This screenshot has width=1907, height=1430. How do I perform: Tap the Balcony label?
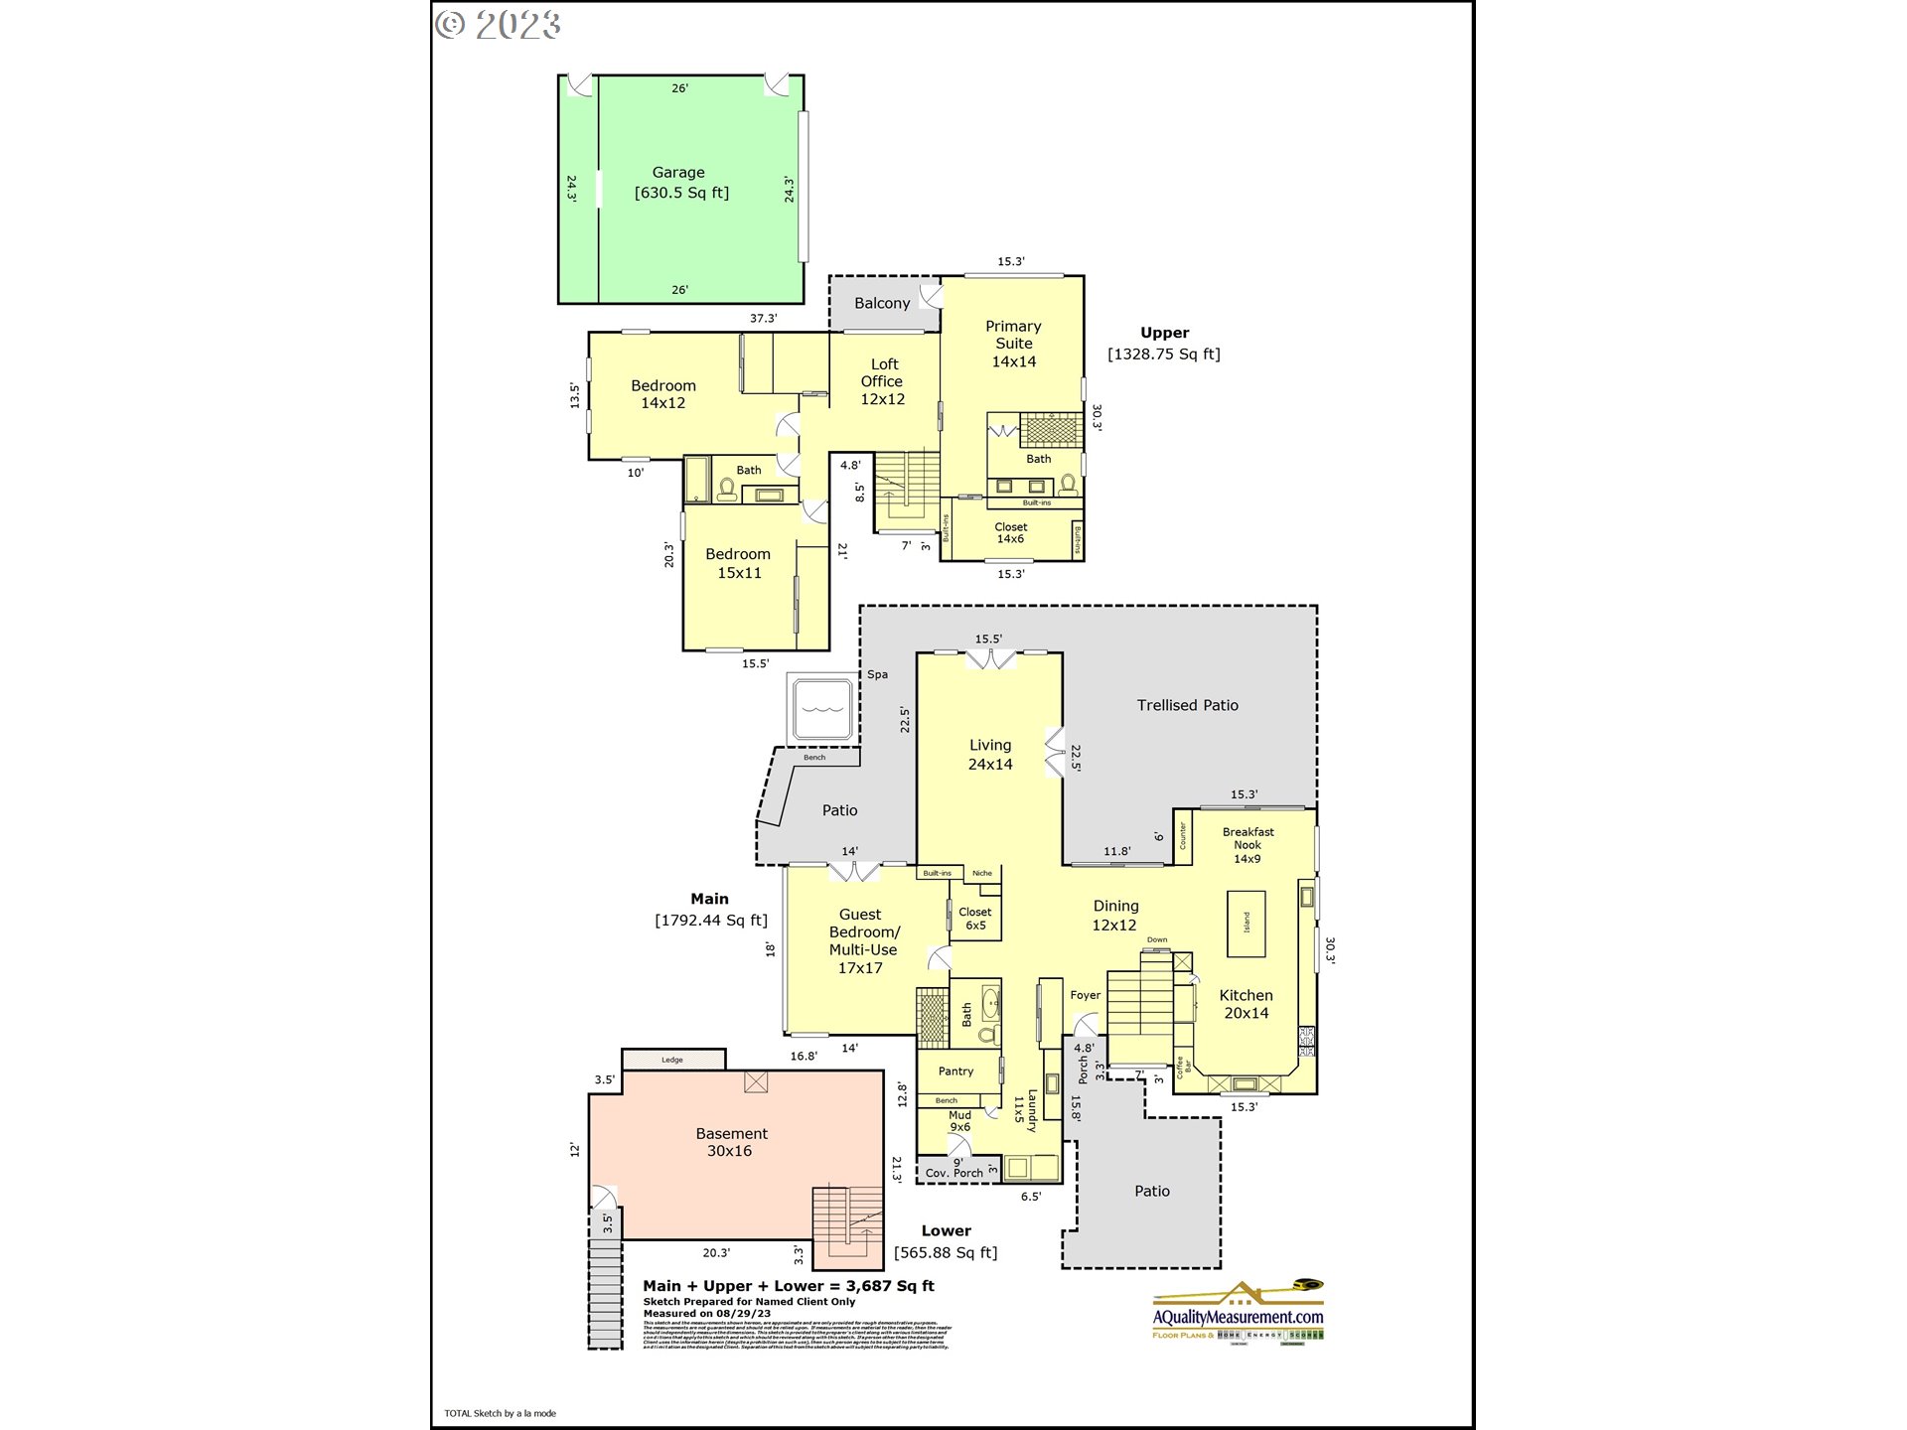[882, 304]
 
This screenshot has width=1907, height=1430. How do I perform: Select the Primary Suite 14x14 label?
[1013, 344]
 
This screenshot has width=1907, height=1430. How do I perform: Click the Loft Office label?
[882, 381]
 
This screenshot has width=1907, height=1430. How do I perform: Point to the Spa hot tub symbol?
[820, 709]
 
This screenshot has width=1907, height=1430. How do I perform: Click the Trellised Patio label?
[1187, 705]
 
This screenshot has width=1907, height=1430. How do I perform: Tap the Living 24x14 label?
[990, 755]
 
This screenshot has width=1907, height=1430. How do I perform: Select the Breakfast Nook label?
[1247, 845]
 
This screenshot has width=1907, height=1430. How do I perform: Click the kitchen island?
[1247, 924]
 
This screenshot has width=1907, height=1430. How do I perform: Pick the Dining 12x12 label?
[1114, 916]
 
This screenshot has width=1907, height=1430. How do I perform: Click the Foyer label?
[1086, 995]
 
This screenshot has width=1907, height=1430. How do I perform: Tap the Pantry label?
[955, 1072]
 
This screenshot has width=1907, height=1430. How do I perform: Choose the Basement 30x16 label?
[731, 1142]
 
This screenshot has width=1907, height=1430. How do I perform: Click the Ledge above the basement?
[673, 1060]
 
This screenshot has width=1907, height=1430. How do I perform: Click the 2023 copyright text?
[499, 24]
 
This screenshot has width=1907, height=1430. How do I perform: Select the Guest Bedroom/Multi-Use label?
[861, 940]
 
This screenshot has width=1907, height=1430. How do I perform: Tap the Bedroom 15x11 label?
[738, 563]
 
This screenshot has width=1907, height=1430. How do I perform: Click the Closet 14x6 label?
[1010, 533]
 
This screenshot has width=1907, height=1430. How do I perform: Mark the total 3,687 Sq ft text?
[789, 1286]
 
